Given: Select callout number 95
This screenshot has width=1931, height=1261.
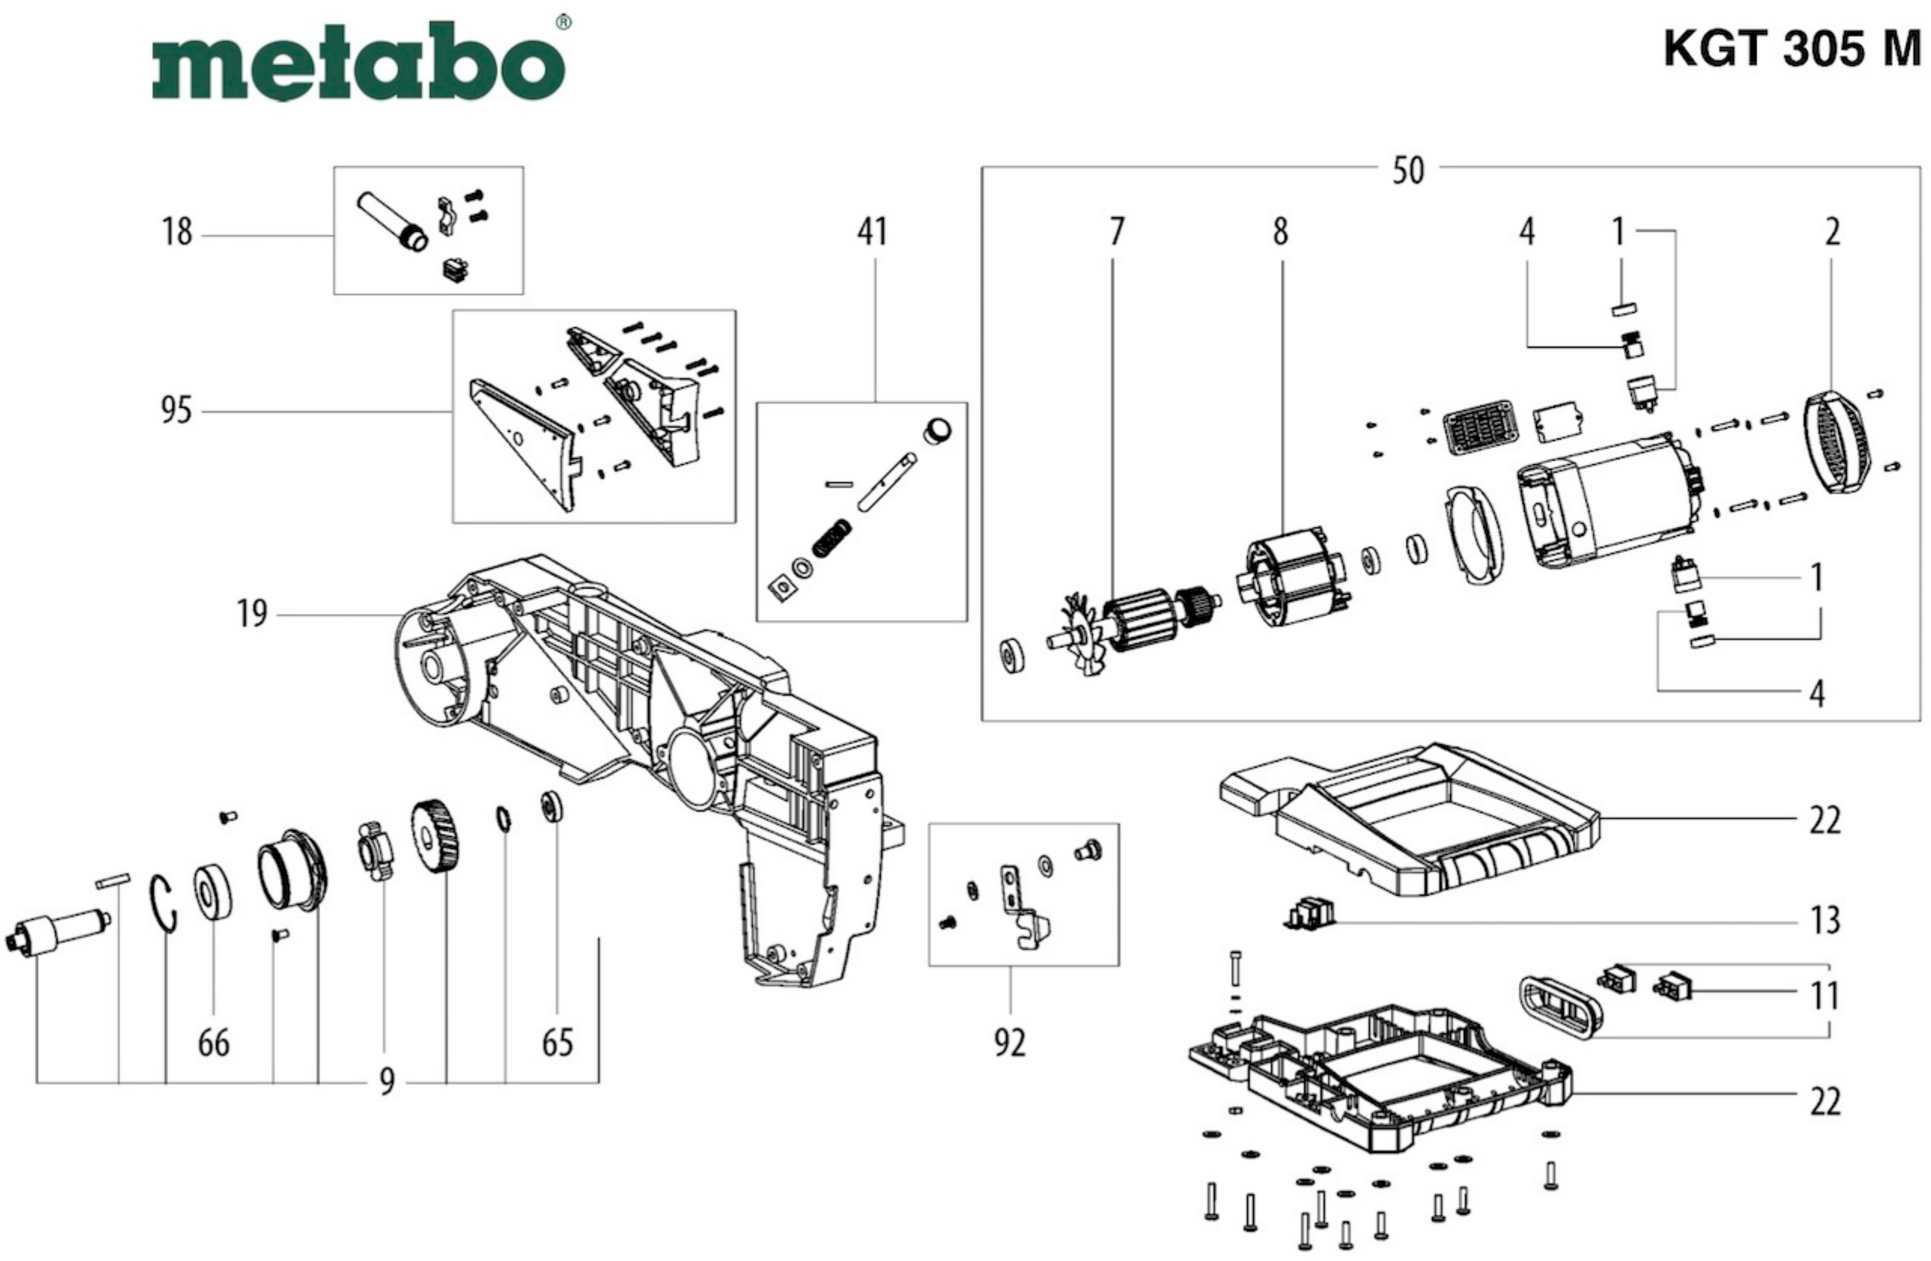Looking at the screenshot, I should [176, 410].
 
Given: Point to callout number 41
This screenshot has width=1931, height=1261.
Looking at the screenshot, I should [872, 232].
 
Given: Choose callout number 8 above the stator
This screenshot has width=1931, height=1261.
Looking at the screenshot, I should [1280, 232].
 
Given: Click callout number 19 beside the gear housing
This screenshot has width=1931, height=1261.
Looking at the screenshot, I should [252, 614].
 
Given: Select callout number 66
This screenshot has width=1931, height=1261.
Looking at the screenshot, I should [213, 1043].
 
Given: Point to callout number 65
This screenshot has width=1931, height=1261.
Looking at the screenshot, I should [557, 1043].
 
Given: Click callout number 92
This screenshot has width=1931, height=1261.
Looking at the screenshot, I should [1010, 1043].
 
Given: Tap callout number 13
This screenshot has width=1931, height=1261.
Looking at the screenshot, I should [1825, 920].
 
